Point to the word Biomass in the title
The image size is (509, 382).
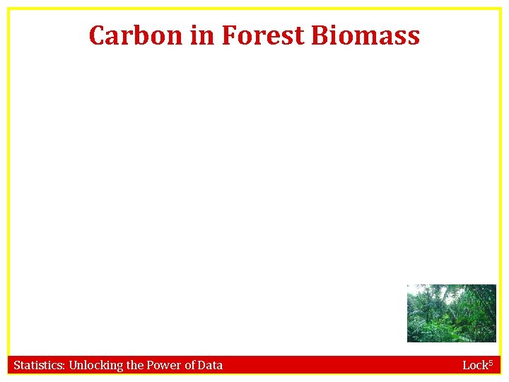365,35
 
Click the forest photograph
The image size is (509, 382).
451,313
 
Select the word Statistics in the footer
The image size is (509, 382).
38,365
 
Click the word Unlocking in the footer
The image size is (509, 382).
95,366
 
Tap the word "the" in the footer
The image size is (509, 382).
134,365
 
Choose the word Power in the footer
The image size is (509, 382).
164,365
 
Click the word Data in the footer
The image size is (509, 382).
211,365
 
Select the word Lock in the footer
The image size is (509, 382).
473,365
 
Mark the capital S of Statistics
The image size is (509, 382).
17,365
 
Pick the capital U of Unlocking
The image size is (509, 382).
73,365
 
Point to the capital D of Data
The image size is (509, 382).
203,365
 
